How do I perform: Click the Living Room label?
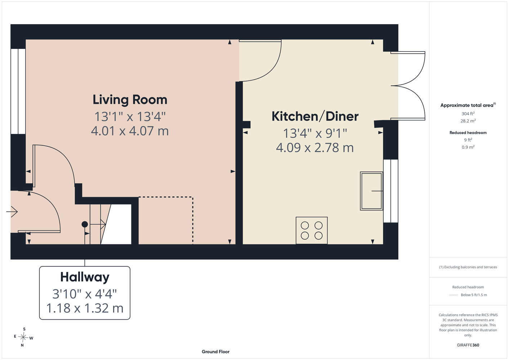130,100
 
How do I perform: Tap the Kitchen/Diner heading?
315,116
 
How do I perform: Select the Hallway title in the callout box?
85,277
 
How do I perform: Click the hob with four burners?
312,230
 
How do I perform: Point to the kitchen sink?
371,191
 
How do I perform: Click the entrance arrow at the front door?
12,212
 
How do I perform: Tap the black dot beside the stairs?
85,224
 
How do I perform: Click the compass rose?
23,337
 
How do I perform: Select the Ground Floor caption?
215,352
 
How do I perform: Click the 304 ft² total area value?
468,113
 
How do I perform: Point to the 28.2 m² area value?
468,121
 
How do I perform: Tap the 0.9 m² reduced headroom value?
468,147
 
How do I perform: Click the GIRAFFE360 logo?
468,345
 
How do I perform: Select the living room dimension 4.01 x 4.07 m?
130,131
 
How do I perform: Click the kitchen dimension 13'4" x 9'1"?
315,133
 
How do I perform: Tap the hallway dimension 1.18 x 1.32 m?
85,308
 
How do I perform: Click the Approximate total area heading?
468,105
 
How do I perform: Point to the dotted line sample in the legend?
454,295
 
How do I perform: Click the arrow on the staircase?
98,224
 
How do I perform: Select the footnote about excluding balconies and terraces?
468,267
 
